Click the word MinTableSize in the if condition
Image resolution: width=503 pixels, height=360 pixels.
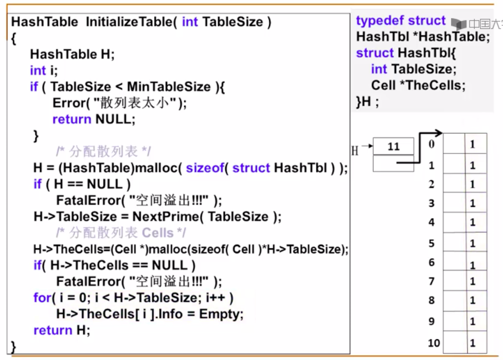[169, 86]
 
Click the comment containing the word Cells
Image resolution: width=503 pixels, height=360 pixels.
[121, 233]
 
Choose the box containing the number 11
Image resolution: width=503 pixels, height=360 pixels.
[393, 147]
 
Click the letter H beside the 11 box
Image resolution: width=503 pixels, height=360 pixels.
[355, 150]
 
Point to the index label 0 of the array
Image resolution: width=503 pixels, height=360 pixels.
[432, 144]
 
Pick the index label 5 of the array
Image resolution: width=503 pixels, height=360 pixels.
[432, 243]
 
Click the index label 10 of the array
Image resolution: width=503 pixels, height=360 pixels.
[433, 343]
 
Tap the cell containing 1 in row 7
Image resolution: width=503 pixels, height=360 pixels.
[472, 281]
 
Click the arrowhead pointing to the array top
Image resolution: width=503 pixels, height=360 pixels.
[438, 133]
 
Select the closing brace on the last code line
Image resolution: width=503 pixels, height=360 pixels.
[13, 347]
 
